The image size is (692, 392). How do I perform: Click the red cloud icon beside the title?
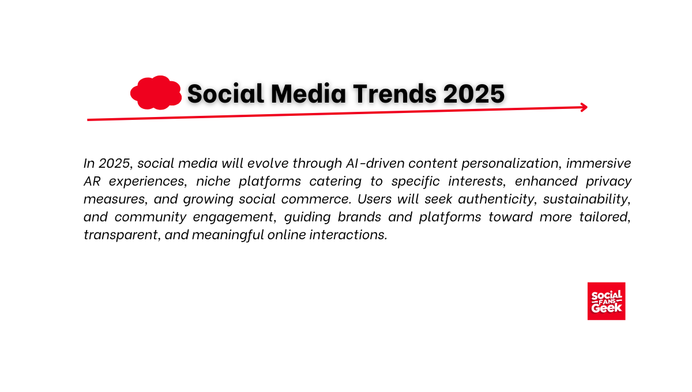(156, 93)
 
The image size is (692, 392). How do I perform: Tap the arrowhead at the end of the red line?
(584, 107)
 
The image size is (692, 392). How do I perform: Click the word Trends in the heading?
(395, 93)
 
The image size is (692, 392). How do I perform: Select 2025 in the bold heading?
(474, 93)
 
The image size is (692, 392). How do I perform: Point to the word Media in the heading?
(309, 93)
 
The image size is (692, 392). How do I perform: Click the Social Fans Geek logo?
(607, 301)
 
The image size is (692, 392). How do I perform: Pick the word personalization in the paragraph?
(510, 164)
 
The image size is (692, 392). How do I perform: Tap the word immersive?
(599, 163)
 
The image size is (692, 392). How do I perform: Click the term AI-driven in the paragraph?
(375, 163)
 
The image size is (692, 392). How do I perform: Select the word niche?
(213, 181)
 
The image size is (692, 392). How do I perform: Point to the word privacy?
(608, 182)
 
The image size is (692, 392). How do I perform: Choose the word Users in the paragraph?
(374, 199)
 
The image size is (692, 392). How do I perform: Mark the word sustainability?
(586, 199)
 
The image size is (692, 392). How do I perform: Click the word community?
(151, 217)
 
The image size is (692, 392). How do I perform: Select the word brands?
(359, 217)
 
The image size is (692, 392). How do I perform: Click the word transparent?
(121, 235)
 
